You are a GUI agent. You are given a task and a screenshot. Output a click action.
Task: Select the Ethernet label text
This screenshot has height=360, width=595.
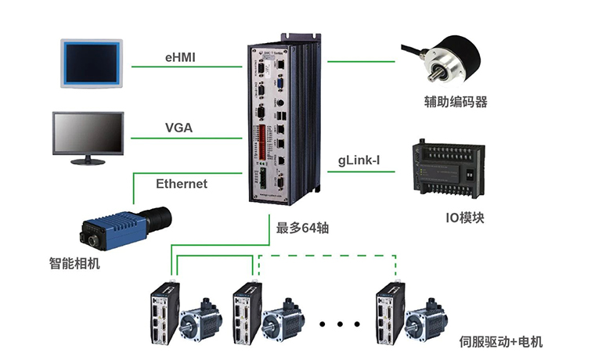click(x=182, y=184)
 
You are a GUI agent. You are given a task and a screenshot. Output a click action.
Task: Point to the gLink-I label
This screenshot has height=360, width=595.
click(x=359, y=160)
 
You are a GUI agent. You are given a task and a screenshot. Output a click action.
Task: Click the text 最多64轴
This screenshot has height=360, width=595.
click(x=302, y=229)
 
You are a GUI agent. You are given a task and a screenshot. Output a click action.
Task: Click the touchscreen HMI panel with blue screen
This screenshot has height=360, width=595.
click(x=92, y=61)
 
